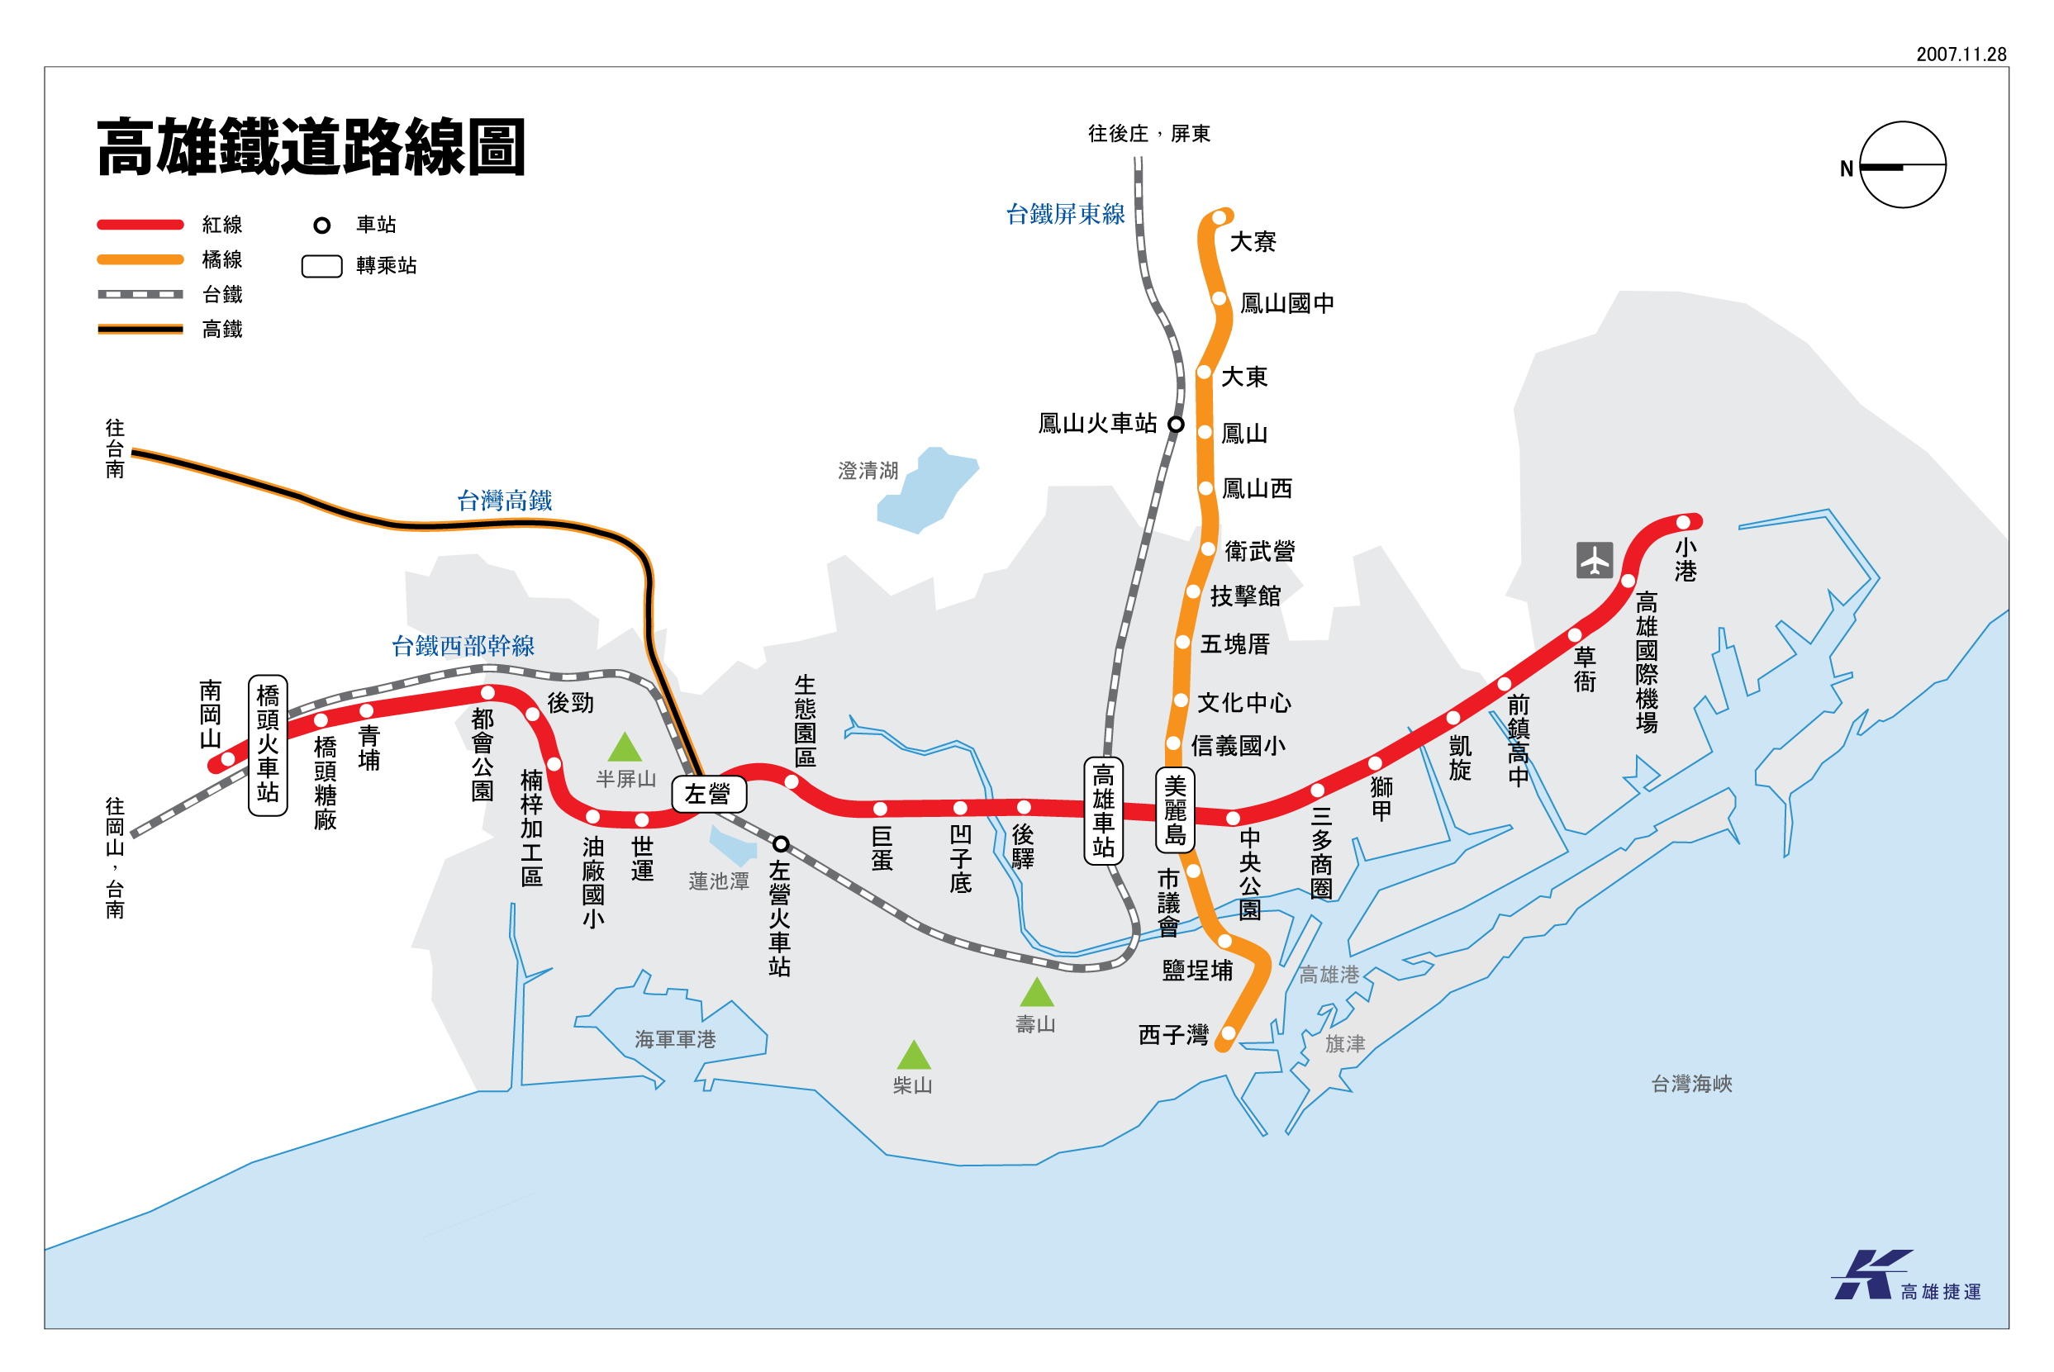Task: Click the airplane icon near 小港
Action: click(x=1594, y=560)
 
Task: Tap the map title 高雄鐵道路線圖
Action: click(x=311, y=147)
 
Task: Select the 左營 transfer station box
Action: click(x=709, y=794)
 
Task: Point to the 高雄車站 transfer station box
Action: click(x=1103, y=810)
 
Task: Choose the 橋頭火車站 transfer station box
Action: click(x=268, y=744)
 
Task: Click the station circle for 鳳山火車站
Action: click(x=1177, y=425)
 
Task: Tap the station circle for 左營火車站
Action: click(x=781, y=843)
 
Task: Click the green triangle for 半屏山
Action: click(x=624, y=748)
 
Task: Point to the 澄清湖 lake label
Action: click(x=868, y=471)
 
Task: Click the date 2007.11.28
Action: click(x=1961, y=55)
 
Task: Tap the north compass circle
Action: click(x=1902, y=164)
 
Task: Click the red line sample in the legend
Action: click(x=140, y=225)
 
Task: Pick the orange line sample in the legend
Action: click(x=140, y=260)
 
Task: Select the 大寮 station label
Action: click(x=1253, y=241)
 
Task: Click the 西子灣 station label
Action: click(x=1172, y=1035)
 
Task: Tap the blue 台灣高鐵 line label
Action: click(x=504, y=501)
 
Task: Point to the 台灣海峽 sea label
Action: click(x=1690, y=1084)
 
